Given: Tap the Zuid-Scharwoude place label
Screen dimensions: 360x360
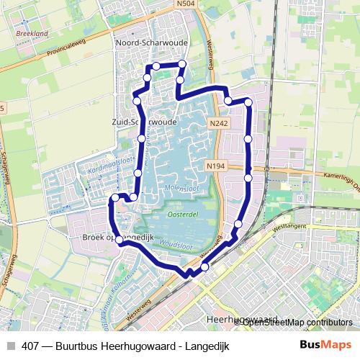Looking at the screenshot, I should [144, 122].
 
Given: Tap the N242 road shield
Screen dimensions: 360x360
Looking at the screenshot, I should [219, 124].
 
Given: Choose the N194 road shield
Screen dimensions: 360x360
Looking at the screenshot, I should [215, 166].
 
